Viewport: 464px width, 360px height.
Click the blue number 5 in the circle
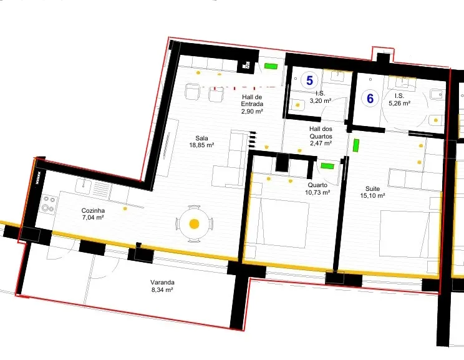pyautogui.click(x=309, y=80)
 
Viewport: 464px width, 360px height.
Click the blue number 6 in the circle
pyautogui.click(x=370, y=99)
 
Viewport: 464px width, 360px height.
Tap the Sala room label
pyautogui.click(x=201, y=138)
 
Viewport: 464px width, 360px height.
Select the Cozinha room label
pyautogui.click(x=93, y=210)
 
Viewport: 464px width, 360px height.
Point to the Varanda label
pyautogui.click(x=162, y=283)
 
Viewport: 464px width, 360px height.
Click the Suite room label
pyautogui.click(x=372, y=188)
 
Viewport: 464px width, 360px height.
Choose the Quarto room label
pyautogui.click(x=317, y=185)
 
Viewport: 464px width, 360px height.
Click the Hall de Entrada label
pyautogui.click(x=252, y=100)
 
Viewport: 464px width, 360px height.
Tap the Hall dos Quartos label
pyautogui.click(x=321, y=133)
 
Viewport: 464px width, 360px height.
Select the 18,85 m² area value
pyautogui.click(x=201, y=145)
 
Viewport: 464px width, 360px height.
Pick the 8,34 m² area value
pyautogui.click(x=162, y=290)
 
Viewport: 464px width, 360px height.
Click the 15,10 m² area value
pyautogui.click(x=372, y=196)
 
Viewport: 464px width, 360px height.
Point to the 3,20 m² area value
pyautogui.click(x=321, y=100)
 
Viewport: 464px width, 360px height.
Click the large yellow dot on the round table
pyautogui.click(x=194, y=224)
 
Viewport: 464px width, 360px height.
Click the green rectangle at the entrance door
pyautogui.click(x=271, y=66)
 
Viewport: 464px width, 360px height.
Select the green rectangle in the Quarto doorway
pyautogui.click(x=327, y=166)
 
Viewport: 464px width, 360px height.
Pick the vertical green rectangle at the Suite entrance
pyautogui.click(x=356, y=145)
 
